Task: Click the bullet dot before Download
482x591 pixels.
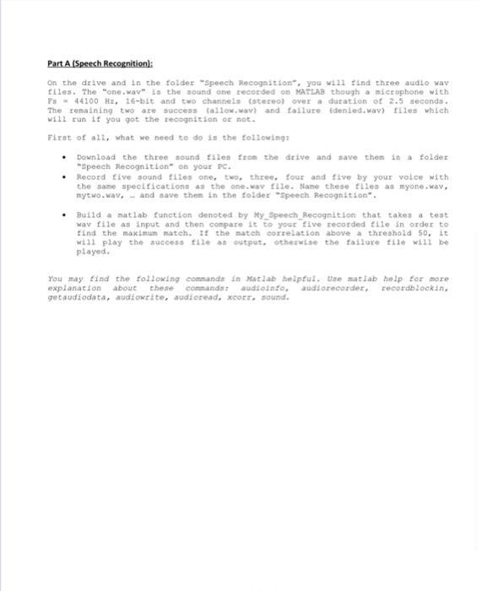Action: (64, 158)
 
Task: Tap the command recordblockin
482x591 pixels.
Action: (414, 288)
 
